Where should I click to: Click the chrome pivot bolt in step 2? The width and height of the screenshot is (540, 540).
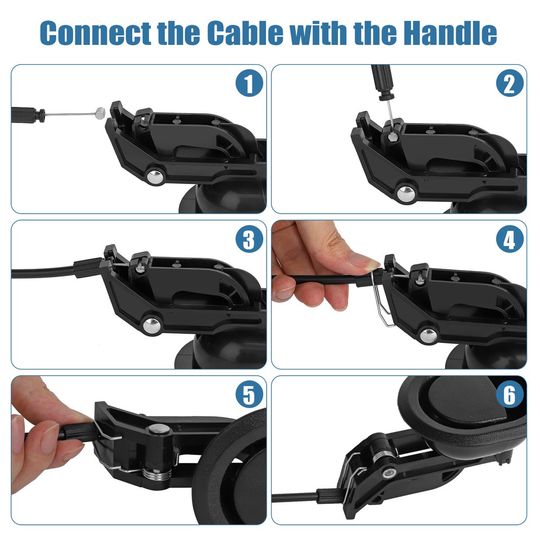403,193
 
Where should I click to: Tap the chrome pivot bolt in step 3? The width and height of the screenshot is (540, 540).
152,325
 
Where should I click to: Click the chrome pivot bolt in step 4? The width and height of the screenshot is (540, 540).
428,335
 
